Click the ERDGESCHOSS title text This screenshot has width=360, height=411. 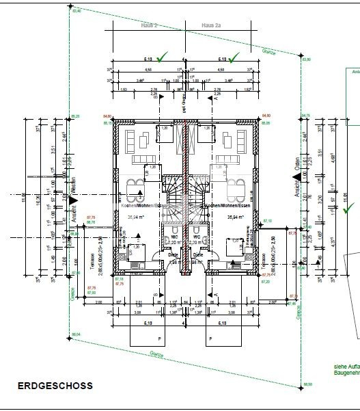point(55,386)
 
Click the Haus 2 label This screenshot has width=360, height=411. point(149,25)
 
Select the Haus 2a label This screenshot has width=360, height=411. point(211,25)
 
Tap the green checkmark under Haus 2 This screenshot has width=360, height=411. point(161,59)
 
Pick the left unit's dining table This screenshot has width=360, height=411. point(134,185)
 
